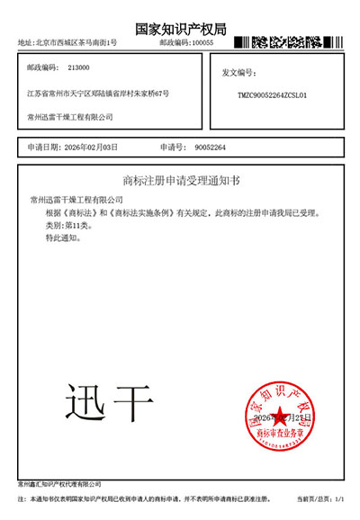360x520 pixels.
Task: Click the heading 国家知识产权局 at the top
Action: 180,29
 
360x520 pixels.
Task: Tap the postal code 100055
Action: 202,43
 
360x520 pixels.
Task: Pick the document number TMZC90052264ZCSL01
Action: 273,94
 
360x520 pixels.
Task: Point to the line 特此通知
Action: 63,238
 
